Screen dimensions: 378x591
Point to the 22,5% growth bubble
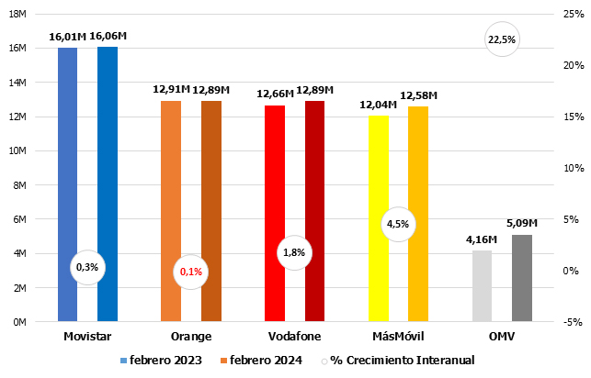coord(502,39)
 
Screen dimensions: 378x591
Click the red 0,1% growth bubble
coord(191,272)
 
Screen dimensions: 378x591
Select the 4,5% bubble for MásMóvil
coord(398,223)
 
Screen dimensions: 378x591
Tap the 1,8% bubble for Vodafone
coord(294,251)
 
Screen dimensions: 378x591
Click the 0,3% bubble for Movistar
coord(87,267)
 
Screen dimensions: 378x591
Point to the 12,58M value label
coord(418,95)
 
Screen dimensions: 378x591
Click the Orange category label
coord(190,337)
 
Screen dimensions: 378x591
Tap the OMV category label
coord(502,337)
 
